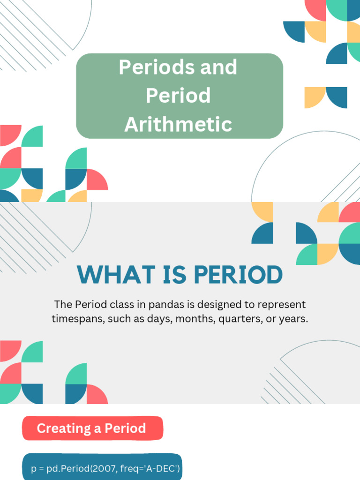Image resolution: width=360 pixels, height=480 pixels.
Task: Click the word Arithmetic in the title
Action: tap(178, 124)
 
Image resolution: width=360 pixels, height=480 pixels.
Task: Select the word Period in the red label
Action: tap(125, 428)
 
